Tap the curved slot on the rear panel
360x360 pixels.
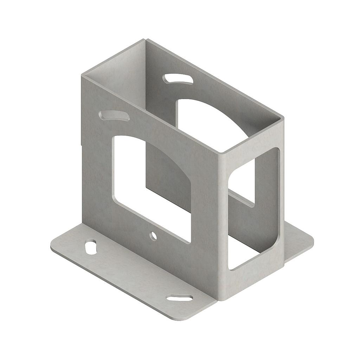click(178, 79)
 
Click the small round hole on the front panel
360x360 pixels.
click(153, 236)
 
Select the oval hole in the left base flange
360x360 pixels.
click(91, 247)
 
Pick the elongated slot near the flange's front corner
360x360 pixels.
click(179, 298)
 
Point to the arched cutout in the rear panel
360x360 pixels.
click(204, 116)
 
